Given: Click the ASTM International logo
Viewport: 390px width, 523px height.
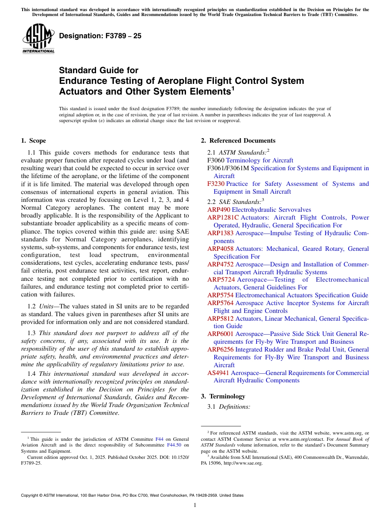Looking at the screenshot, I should pos(38,39).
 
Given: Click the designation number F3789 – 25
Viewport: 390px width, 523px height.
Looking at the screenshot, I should pos(100,36).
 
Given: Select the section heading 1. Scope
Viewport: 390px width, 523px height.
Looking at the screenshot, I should pos(33,141).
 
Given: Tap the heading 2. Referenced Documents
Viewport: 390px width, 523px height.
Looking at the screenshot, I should pos(238,141).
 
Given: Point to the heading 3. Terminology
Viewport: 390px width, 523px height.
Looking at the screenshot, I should pos(223,396).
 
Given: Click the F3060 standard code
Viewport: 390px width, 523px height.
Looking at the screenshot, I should pos(216,160).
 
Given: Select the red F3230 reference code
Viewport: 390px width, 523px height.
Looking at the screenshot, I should pos(216,184).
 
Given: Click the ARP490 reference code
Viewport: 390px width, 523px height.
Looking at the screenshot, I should pos(219,210).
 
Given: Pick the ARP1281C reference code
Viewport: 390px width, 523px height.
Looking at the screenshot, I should pos(223,218).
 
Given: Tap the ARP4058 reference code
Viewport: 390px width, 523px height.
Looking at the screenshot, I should pos(220,249).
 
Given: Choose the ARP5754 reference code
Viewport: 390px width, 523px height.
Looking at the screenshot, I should pos(220,295).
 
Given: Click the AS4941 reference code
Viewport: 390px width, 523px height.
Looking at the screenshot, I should pos(218,373).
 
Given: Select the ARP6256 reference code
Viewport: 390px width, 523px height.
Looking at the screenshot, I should pos(220,349).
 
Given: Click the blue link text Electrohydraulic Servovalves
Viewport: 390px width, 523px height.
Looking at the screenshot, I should pos(271,210).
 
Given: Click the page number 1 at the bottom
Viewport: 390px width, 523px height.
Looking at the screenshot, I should pos(195,505).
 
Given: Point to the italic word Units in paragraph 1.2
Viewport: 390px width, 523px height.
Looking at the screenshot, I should pos(46,306).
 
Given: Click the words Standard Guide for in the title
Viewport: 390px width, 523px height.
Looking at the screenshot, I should pos(99,70).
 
